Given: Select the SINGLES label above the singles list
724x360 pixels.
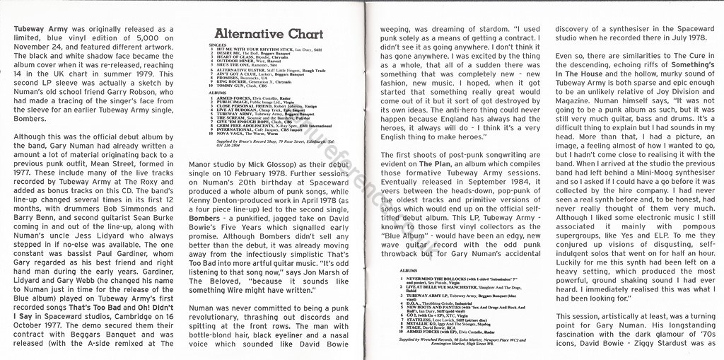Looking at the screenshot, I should pyautogui.click(x=218, y=44).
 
